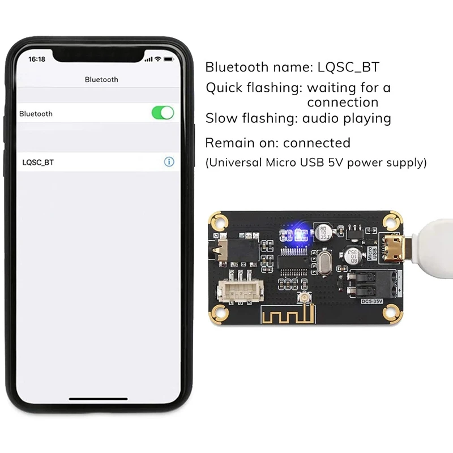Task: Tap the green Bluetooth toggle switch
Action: [x=163, y=113]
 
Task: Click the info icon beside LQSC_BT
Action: [x=169, y=162]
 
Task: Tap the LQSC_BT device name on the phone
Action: [x=39, y=163]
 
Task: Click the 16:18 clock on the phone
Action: [x=37, y=59]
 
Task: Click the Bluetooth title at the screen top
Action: [x=101, y=80]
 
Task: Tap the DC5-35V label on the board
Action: [x=373, y=301]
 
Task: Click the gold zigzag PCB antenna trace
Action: [x=286, y=317]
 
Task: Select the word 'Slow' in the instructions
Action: [x=221, y=118]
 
